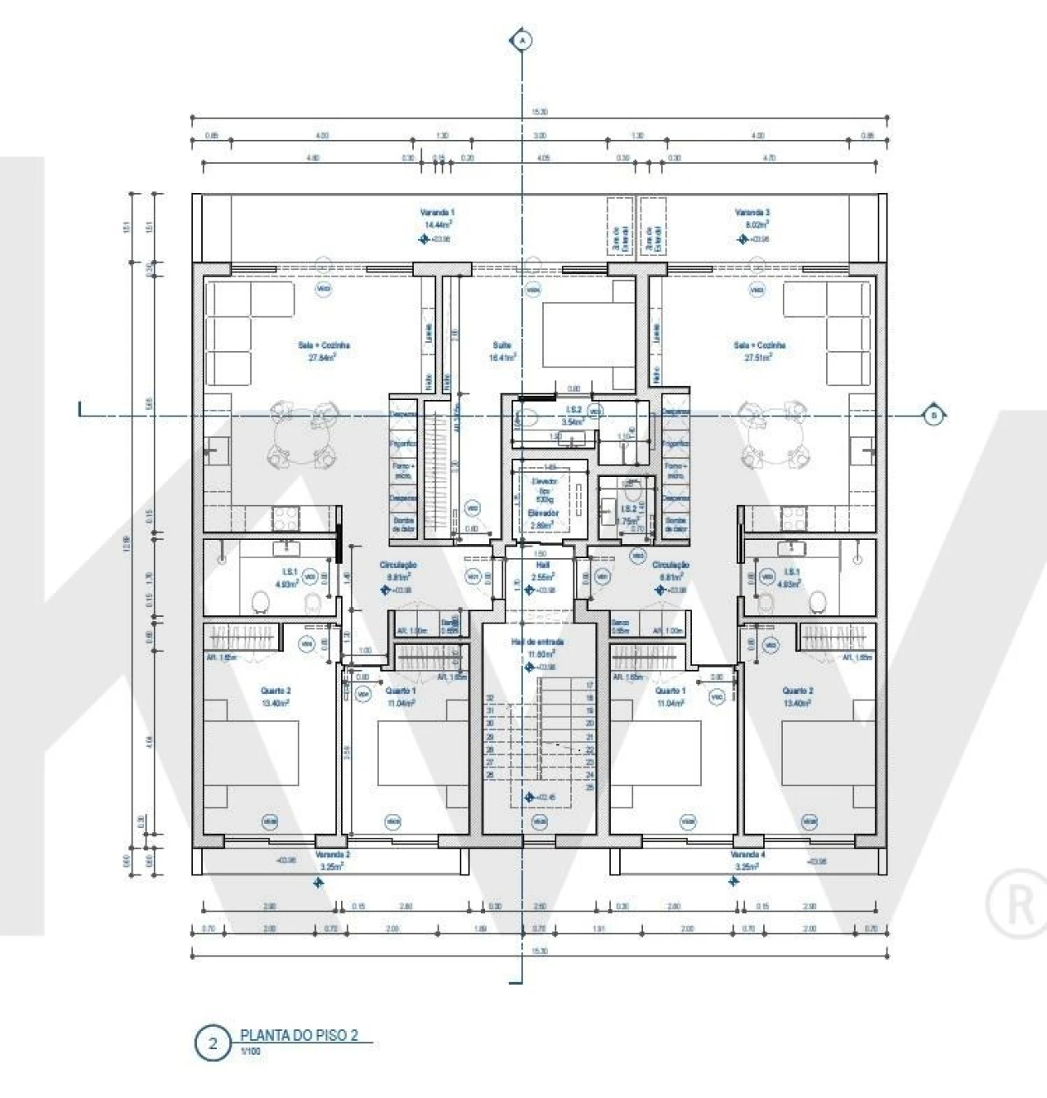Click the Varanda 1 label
click(x=438, y=212)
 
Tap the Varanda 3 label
click(x=753, y=212)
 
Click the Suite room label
click(x=502, y=345)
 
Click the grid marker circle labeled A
click(x=521, y=39)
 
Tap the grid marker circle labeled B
click(x=933, y=416)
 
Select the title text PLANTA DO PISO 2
click(x=299, y=1035)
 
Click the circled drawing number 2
click(x=213, y=1044)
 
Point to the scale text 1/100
click(x=249, y=1051)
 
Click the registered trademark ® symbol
click(x=1019, y=905)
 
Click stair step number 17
click(x=589, y=685)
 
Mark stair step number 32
click(x=491, y=698)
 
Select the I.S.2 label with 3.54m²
click(x=573, y=416)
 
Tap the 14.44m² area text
click(x=438, y=223)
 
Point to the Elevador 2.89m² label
click(x=543, y=519)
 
